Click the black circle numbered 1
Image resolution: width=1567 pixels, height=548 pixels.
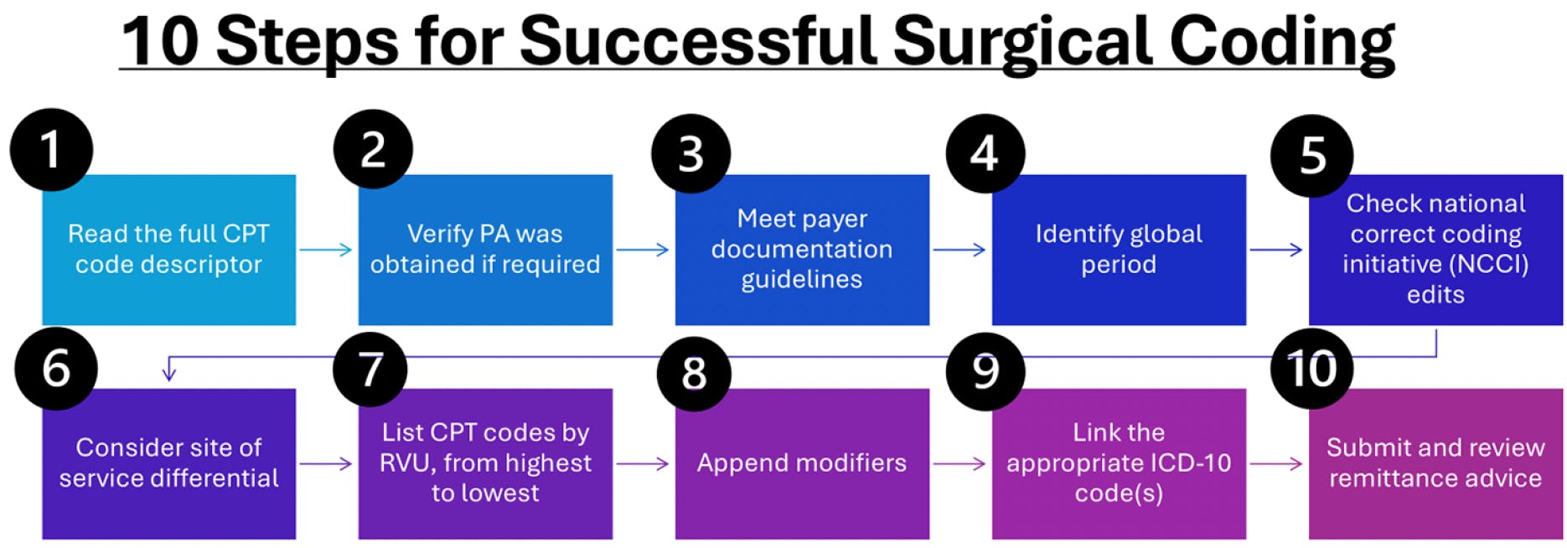click(x=51, y=149)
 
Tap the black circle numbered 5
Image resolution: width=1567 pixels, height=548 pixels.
click(x=1311, y=155)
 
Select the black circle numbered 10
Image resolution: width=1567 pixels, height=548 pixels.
click(x=1311, y=369)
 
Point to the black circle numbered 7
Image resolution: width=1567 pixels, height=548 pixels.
click(x=370, y=369)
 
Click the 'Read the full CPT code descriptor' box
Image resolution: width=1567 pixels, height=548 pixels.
click(x=168, y=249)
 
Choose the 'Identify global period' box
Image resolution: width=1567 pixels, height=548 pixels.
click(x=1119, y=249)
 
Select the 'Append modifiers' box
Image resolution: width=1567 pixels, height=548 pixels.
click(x=802, y=463)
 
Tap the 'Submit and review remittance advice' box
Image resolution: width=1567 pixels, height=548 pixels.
click(x=1435, y=463)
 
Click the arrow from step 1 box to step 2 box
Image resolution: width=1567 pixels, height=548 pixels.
click(x=326, y=249)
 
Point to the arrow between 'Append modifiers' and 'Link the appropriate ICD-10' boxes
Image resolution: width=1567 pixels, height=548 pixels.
click(x=959, y=463)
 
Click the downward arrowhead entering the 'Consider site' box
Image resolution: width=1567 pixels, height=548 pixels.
click(x=169, y=373)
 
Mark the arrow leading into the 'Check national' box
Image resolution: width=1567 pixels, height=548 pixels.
click(x=1276, y=249)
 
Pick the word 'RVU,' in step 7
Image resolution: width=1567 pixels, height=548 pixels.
click(x=407, y=463)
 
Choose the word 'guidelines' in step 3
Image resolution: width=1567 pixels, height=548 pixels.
click(x=802, y=279)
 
